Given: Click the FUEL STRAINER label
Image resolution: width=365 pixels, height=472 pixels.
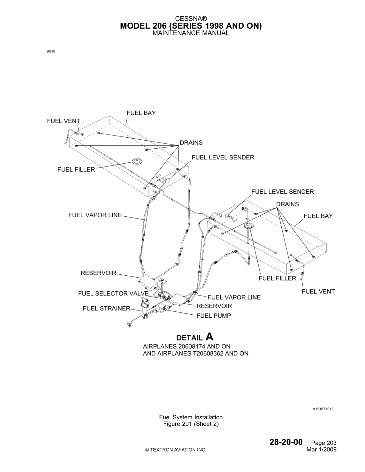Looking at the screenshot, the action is coord(106,308).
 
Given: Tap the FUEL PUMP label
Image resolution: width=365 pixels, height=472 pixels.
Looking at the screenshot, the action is coord(214,316).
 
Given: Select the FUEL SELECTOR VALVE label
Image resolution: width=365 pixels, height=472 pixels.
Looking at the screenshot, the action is coord(113,294).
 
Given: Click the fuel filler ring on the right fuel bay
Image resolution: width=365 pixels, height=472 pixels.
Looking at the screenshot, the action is coord(249,226).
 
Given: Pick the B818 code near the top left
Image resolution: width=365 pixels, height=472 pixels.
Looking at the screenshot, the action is coord(51,52).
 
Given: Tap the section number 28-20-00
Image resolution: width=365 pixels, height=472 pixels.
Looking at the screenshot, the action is coord(286,442).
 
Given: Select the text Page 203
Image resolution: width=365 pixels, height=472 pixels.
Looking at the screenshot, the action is coord(324,443).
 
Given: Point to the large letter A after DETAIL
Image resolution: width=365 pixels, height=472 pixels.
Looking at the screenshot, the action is coord(209,337).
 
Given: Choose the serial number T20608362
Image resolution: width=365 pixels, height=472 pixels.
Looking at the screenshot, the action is coord(208,353).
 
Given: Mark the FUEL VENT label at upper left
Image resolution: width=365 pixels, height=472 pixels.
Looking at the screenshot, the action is coord(64,121).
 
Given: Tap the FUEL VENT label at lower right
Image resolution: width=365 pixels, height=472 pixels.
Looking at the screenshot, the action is coord(318,291).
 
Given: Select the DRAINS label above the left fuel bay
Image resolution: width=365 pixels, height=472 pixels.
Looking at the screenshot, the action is coord(191,143).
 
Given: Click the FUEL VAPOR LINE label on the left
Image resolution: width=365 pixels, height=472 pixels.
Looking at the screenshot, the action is coord(95,215).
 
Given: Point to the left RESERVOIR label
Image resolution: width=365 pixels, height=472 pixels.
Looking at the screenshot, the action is coord(98,273).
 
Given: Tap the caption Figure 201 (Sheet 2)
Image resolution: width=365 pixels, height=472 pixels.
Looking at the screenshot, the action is coord(191,424).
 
